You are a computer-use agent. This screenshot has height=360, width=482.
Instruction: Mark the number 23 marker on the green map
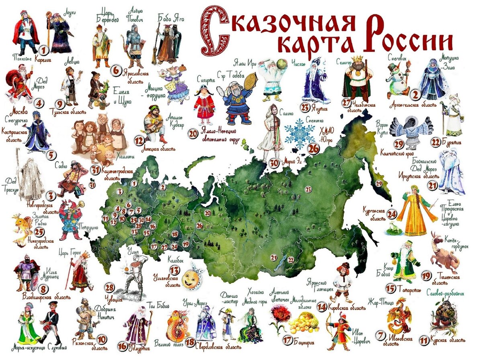coord(308,189)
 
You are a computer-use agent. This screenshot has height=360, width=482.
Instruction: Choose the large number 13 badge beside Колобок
coord(175,270)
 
